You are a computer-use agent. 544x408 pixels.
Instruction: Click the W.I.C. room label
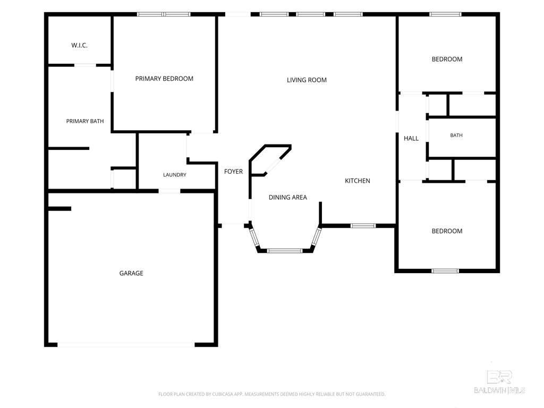click(x=80, y=45)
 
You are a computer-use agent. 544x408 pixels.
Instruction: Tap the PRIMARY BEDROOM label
click(x=164, y=79)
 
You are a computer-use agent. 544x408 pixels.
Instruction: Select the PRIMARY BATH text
click(x=85, y=121)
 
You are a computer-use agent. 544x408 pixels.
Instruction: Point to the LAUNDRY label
click(x=174, y=174)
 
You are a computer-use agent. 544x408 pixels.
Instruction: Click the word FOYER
click(x=234, y=172)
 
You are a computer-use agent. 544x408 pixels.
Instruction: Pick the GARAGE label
click(x=131, y=273)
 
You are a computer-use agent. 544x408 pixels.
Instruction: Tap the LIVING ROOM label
click(x=307, y=80)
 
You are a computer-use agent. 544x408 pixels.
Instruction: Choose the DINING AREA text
click(x=287, y=198)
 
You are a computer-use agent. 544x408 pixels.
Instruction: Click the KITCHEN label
click(x=358, y=181)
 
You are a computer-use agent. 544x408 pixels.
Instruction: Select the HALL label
click(x=411, y=138)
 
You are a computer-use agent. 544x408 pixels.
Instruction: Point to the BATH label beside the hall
click(x=456, y=135)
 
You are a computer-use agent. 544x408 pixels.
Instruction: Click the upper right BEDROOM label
click(x=447, y=59)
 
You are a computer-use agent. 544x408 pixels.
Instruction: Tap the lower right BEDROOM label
click(x=447, y=231)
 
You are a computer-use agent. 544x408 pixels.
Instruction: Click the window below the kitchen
click(x=363, y=226)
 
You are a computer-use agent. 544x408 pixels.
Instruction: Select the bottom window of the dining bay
click(x=285, y=251)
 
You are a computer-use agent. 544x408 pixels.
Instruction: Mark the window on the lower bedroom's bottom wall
click(x=445, y=271)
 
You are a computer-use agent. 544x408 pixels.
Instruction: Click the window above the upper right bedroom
click(x=446, y=14)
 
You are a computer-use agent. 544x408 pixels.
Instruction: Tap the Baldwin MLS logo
click(x=499, y=382)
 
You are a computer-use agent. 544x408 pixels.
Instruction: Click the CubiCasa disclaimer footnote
click(x=271, y=394)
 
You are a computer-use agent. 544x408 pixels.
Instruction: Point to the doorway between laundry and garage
click(x=169, y=191)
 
